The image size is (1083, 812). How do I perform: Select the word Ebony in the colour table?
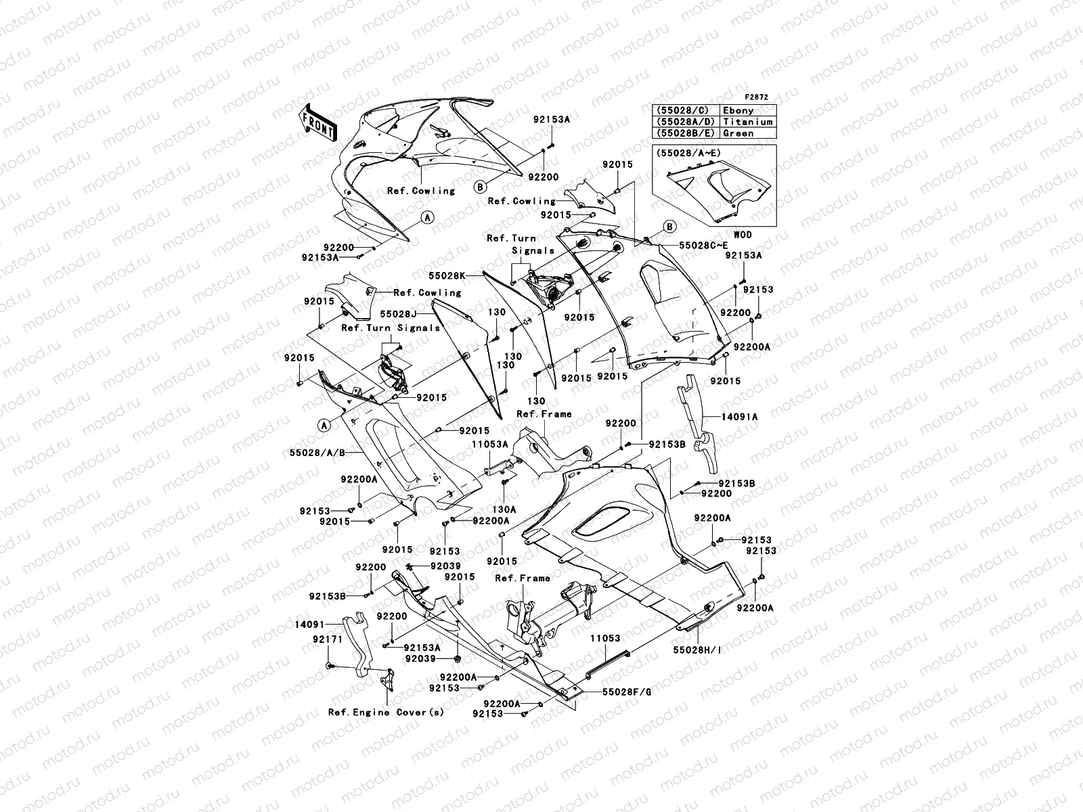point(738,110)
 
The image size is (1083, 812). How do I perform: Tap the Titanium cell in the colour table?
point(747,122)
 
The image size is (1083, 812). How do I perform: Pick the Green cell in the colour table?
point(738,133)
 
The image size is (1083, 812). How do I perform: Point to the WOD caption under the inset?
point(743,235)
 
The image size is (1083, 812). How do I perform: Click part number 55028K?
point(465,276)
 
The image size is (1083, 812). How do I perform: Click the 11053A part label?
point(490,444)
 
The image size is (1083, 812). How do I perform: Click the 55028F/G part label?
point(626,693)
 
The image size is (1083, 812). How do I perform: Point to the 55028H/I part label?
point(697,650)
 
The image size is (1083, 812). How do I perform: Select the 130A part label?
point(504,509)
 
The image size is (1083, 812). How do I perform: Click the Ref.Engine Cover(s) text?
point(386,713)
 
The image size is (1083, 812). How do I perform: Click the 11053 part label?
point(604,638)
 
